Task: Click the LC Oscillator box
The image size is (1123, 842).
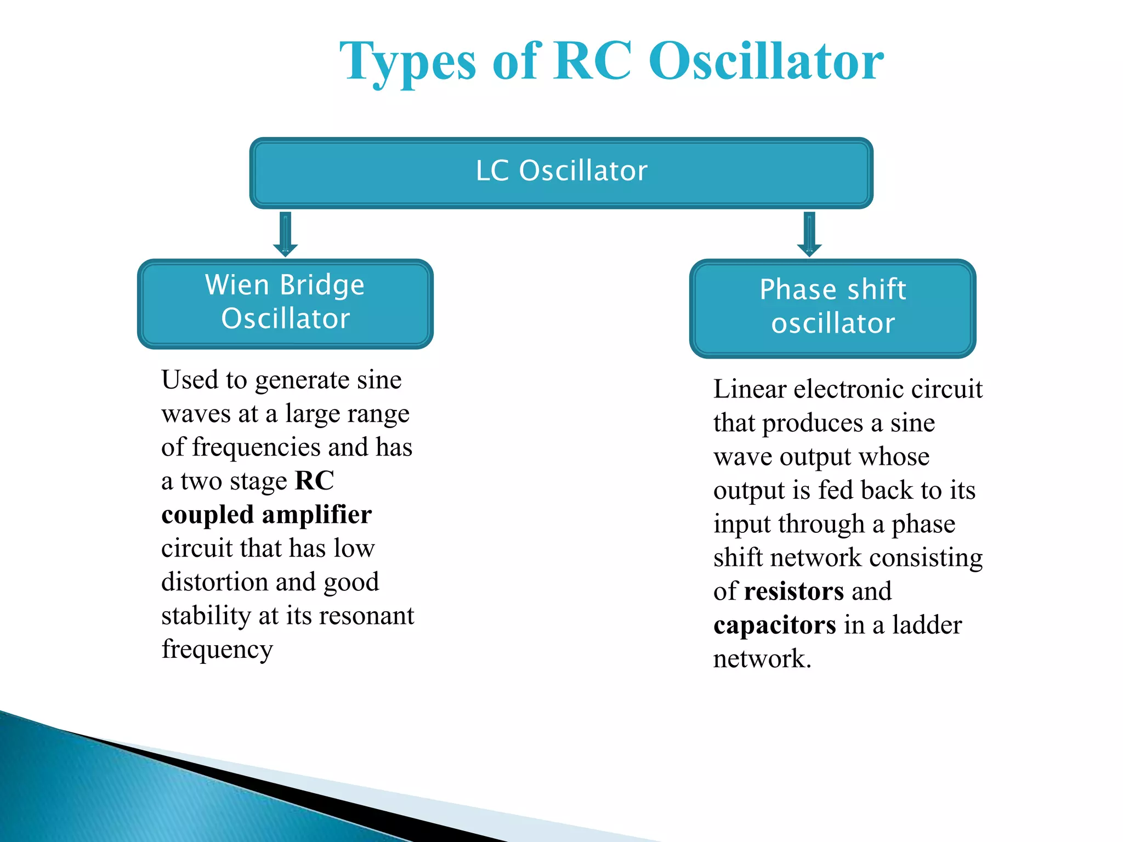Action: [561, 172]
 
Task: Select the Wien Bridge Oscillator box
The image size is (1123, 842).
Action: [285, 303]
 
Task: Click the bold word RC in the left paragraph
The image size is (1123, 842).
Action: [314, 481]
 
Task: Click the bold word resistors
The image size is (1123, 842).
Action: [793, 591]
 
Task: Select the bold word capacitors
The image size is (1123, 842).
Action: [774, 625]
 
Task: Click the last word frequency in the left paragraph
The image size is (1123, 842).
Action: [217, 650]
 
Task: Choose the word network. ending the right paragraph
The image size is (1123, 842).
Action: [762, 659]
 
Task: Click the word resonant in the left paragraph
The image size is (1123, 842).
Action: [367, 616]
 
